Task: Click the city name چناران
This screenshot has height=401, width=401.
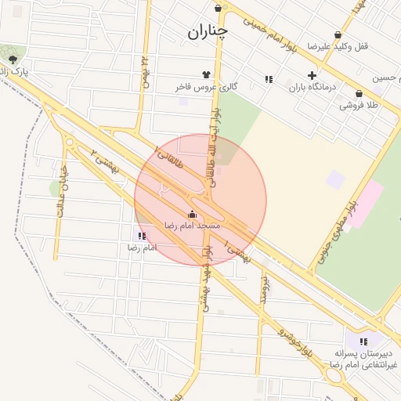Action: click(208, 32)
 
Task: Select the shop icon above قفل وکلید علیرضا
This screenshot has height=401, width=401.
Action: click(338, 34)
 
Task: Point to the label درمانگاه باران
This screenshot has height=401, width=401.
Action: click(312, 88)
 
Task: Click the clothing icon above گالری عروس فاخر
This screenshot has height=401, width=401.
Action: click(208, 74)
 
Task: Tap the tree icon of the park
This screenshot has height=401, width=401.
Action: click(12, 60)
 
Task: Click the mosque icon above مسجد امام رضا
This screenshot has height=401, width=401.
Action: click(192, 213)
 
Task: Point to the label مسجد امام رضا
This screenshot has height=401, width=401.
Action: click(192, 225)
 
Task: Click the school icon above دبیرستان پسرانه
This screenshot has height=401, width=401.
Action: click(363, 341)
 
